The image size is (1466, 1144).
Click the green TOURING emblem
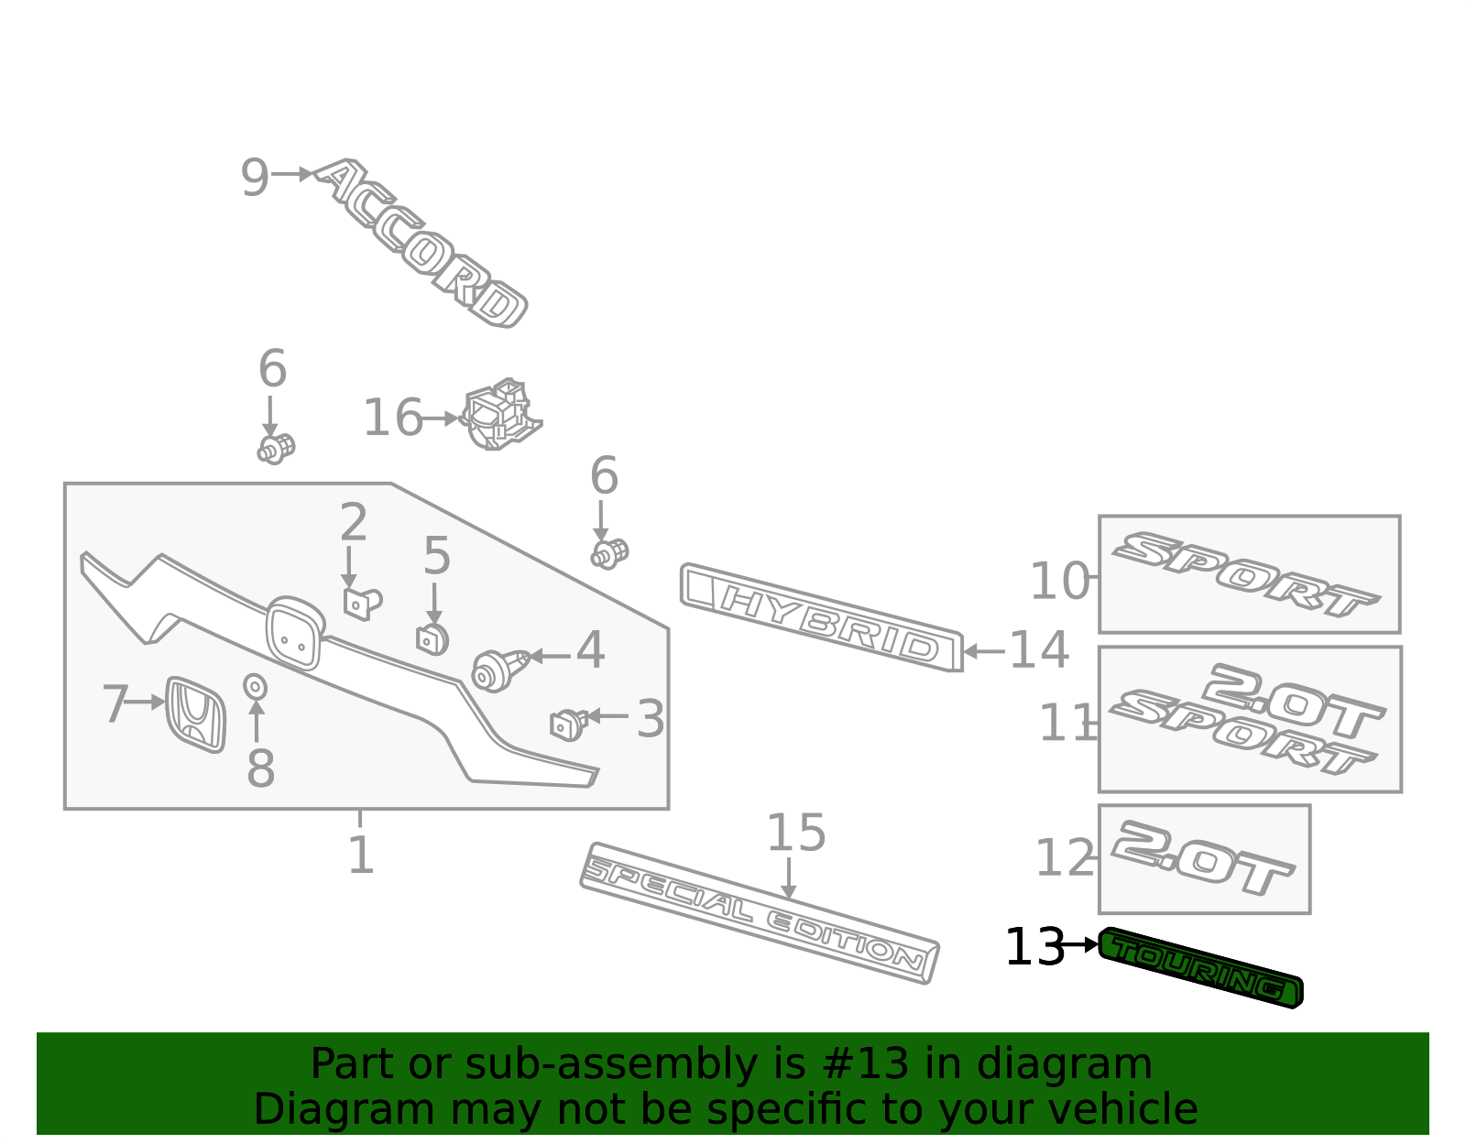[x=1200, y=968]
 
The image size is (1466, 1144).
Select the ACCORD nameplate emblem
[x=420, y=243]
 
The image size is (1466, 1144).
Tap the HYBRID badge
[x=822, y=616]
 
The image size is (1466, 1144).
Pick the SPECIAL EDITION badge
[x=759, y=913]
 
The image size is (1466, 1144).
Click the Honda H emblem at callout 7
[x=196, y=714]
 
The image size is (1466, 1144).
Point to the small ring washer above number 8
[x=255, y=687]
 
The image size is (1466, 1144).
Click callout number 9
[x=255, y=178]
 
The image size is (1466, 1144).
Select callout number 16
[x=393, y=418]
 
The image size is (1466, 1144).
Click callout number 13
[x=1034, y=947]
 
